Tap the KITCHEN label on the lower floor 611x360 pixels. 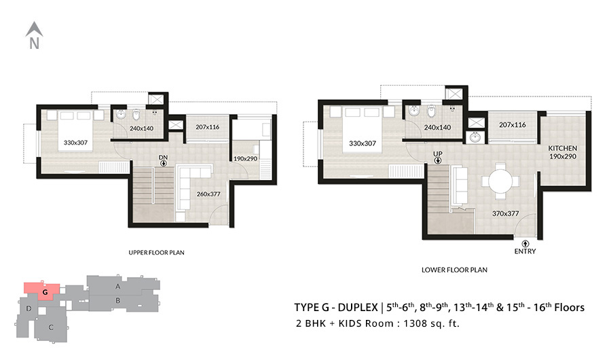point(562,148)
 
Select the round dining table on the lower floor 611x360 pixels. point(500,181)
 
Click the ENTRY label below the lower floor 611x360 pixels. point(525,251)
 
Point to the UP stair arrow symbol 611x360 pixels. point(438,160)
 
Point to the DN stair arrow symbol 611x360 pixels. point(164,164)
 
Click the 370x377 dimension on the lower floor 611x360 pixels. point(505,213)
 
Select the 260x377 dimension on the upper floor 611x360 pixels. point(208,194)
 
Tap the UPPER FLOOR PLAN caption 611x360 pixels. point(156,253)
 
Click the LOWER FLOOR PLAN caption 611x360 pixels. point(454,270)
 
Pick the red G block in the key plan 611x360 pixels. point(42,291)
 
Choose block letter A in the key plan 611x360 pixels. point(117,286)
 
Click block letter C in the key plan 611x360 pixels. point(51,327)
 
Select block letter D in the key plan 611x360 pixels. point(29,308)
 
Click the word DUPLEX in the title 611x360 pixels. point(357,307)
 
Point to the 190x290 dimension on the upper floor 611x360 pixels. point(245,159)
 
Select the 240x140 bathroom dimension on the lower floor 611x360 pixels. point(437,127)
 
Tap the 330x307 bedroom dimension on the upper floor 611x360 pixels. point(75,143)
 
